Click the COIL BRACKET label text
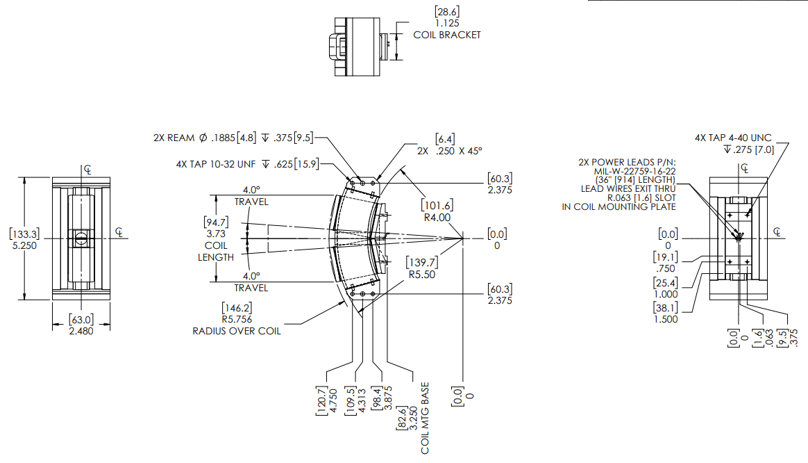pos(446,35)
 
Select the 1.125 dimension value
pos(447,23)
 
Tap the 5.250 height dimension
pos(24,245)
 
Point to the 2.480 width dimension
pos(81,330)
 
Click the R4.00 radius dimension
pos(436,217)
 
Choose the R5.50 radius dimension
pos(421,274)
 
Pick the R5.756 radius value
pos(236,319)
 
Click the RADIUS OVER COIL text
pos(237,331)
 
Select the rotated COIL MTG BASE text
pos(425,417)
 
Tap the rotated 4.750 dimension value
pos(333,399)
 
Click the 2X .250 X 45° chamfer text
pos(449,150)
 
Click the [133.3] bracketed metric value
pos(24,234)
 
